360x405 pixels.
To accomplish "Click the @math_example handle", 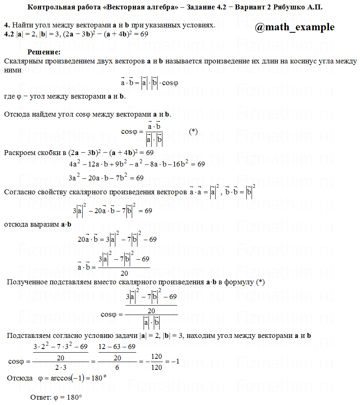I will click(x=295, y=27).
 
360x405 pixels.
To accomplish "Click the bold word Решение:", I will click(x=44, y=52).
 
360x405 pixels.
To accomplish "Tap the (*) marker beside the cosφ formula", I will click(x=193, y=131).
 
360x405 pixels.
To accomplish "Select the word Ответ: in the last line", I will click(x=41, y=397).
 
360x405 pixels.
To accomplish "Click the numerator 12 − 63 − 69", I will click(x=117, y=347).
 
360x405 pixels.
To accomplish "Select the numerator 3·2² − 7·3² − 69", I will click(x=61, y=347).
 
